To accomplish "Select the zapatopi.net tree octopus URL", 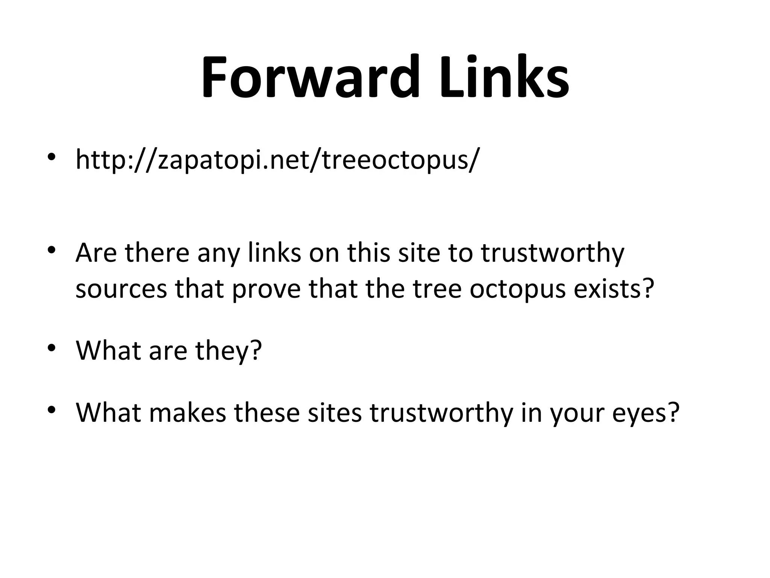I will click(277, 160).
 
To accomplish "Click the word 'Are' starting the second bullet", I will click(96, 253).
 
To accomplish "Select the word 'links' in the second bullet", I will click(274, 253).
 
